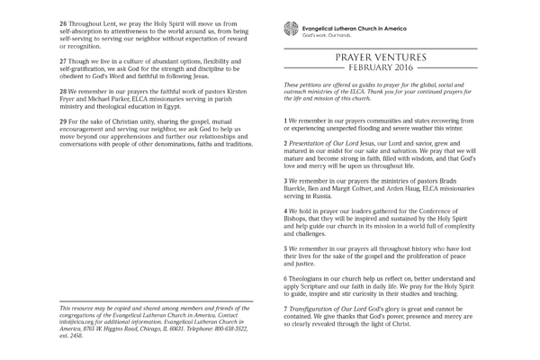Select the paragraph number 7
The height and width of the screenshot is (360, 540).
coord(285,309)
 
